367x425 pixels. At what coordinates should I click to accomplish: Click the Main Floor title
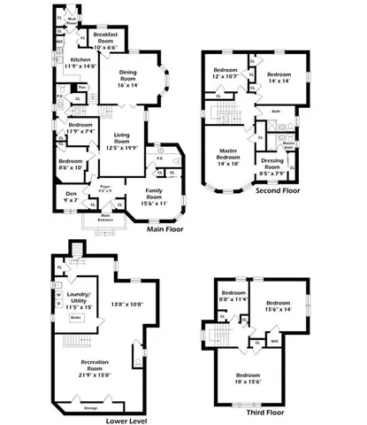point(164,228)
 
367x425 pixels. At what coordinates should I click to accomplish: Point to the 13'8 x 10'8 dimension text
point(126,305)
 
